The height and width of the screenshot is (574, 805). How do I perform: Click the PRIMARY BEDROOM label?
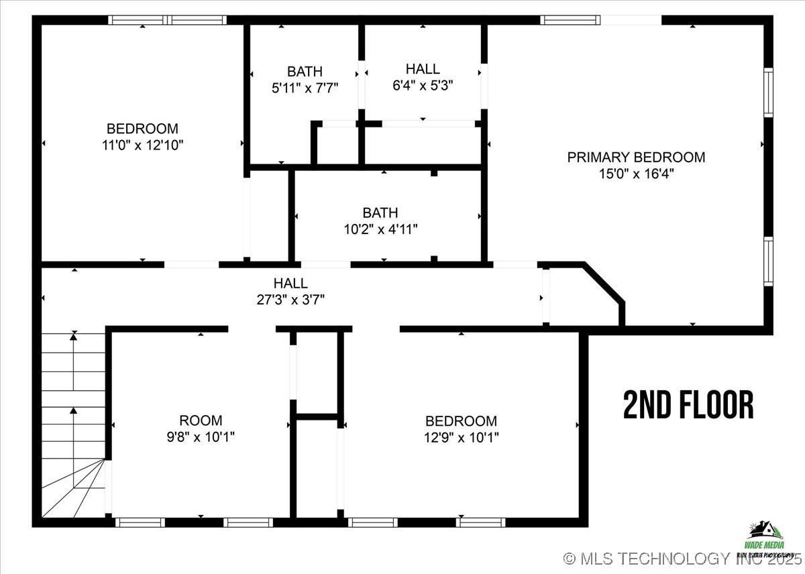point(636,158)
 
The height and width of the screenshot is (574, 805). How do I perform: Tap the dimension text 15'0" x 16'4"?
point(636,174)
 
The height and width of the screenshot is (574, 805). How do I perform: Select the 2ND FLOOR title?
point(688,405)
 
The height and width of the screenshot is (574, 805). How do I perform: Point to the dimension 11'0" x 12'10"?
point(143,144)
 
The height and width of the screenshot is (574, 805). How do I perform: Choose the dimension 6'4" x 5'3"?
point(423,84)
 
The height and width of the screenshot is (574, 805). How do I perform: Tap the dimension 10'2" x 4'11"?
point(380,229)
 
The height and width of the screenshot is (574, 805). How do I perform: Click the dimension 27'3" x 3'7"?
point(290,300)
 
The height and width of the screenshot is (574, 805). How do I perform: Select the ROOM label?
point(201,420)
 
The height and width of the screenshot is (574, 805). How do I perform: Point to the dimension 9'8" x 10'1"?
point(201,437)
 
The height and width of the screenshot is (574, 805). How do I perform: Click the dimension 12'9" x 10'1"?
point(461,437)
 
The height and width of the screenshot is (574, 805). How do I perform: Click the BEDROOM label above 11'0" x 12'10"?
point(143,128)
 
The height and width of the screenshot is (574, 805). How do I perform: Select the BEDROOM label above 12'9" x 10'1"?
point(461,421)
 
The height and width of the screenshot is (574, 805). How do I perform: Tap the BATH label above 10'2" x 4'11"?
point(380,213)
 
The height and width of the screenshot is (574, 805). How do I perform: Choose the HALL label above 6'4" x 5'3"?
point(423,68)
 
